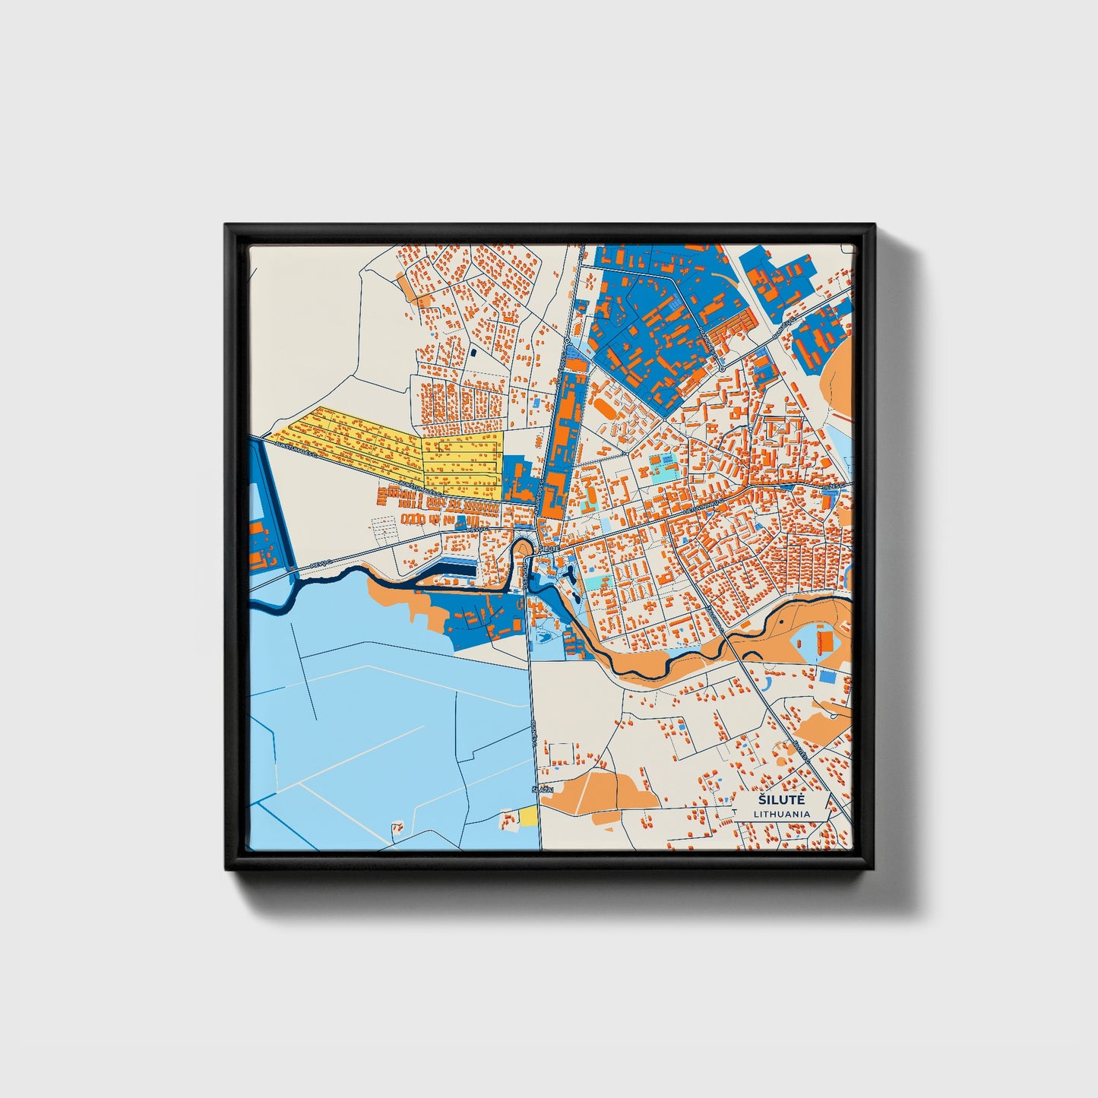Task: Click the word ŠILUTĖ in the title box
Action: click(x=782, y=800)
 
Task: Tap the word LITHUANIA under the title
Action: click(x=782, y=814)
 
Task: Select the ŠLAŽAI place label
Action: click(x=543, y=789)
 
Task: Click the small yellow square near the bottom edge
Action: click(x=529, y=816)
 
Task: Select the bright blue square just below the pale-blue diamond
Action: click(x=826, y=676)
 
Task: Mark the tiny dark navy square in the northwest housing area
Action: click(x=473, y=353)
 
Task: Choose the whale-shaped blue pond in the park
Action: click(x=544, y=637)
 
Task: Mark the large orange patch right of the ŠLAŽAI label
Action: click(x=600, y=790)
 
